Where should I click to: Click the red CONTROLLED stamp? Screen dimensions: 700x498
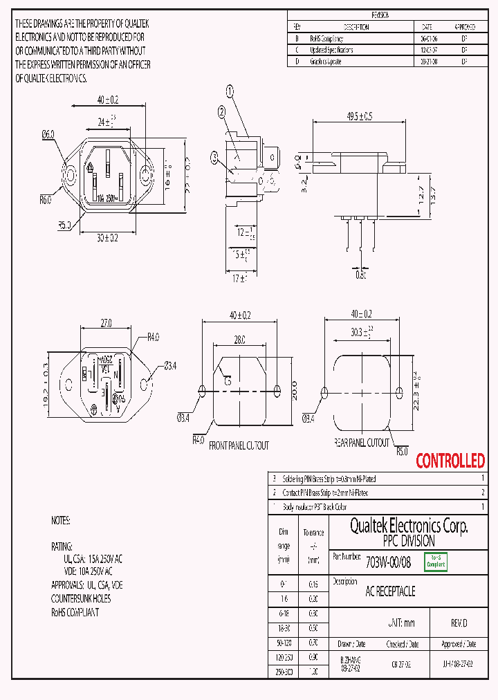coord(450,461)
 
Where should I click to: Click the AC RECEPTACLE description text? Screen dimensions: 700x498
coord(390,591)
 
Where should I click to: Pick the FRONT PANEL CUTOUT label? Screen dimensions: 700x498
coord(239,446)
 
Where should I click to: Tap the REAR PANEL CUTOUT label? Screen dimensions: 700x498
coord(362,443)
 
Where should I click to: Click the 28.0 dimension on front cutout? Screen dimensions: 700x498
coord(239,340)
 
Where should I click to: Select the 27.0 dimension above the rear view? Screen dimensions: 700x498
coord(106,322)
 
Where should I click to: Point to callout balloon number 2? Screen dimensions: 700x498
coord(221,111)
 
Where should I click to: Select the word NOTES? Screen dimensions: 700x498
coord(60,519)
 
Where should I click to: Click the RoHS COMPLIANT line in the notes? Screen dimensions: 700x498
coord(75,612)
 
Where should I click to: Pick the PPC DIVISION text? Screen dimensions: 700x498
coord(409,541)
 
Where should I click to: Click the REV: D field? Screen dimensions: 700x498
coord(459,623)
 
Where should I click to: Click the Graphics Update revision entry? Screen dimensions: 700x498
coord(326,62)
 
